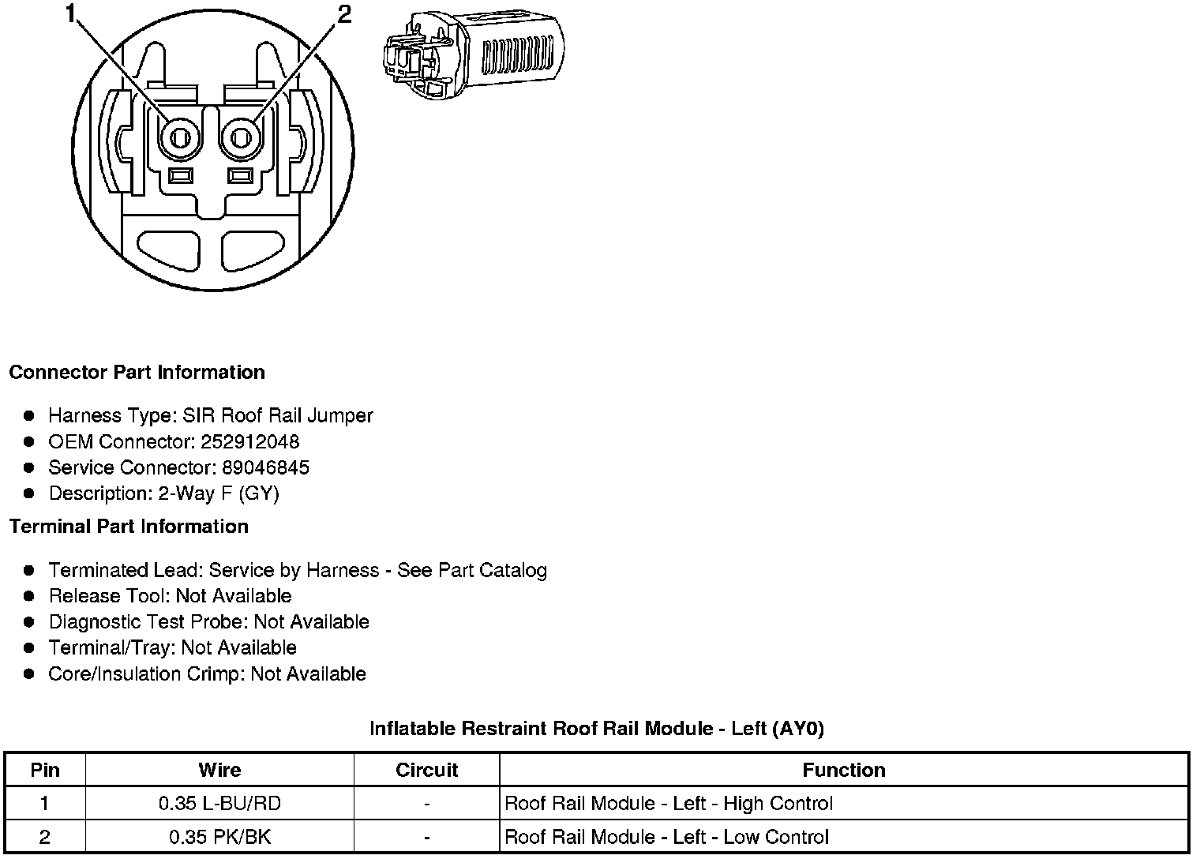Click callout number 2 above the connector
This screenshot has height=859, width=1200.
coord(344,15)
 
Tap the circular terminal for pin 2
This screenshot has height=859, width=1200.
coord(242,139)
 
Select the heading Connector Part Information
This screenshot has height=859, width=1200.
coord(137,373)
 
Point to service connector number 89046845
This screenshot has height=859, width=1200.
coord(265,468)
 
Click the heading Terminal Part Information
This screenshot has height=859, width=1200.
coord(129,527)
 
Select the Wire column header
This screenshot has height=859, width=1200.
coord(219,770)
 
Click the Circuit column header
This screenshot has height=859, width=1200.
coord(426,770)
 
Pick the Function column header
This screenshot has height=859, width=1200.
coord(843,770)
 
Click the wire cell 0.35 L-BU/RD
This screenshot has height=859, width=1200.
coord(219,804)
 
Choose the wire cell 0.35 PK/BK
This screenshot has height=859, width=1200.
coord(219,837)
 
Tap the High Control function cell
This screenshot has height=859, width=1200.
coord(668,804)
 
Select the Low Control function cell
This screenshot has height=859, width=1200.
coord(666,837)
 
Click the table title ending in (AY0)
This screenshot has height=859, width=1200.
coord(597,729)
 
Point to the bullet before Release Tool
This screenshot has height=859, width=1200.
coord(29,596)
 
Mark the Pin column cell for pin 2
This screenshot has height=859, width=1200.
coord(44,837)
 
